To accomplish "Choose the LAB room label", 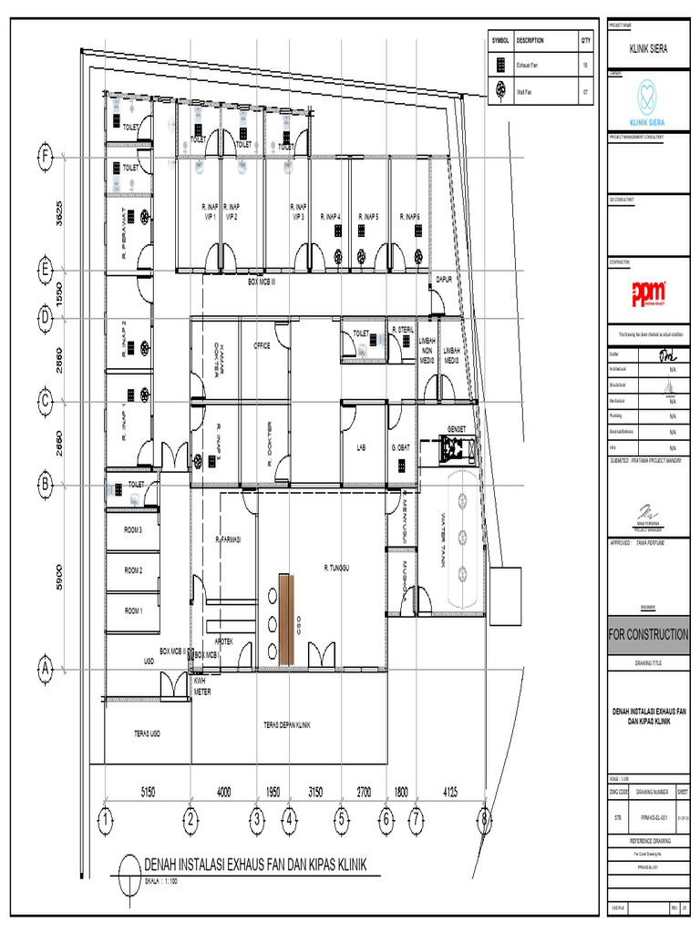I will point(361,448).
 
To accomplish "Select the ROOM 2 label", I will point(134,570).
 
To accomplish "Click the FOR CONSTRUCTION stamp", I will point(649,634).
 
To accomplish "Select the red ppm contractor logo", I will point(649,293).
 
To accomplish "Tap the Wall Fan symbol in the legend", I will point(501,91).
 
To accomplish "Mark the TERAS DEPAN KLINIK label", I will point(287,725).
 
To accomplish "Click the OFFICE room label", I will point(262,346).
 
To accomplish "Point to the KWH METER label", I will point(201,686).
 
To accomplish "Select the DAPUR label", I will point(445,280).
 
